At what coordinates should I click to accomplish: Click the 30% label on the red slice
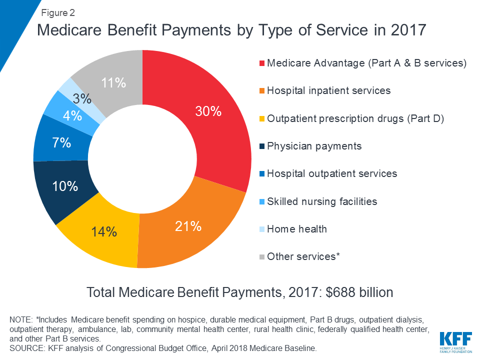point(208,111)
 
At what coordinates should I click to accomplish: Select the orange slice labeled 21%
point(188,226)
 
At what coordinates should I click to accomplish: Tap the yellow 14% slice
point(104,232)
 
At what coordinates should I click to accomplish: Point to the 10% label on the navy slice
point(65,186)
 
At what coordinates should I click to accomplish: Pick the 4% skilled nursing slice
point(72,115)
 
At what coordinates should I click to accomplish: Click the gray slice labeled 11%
point(114,82)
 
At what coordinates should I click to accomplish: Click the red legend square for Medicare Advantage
point(261,63)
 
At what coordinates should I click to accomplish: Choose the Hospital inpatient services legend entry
point(328,90)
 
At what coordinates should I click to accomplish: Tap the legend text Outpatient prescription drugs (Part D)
point(355,118)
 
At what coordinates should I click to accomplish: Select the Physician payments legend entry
point(314,146)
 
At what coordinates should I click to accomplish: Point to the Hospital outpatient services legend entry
point(332,173)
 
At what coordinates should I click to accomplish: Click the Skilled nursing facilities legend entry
point(322,201)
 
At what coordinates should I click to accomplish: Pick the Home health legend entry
point(296,229)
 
